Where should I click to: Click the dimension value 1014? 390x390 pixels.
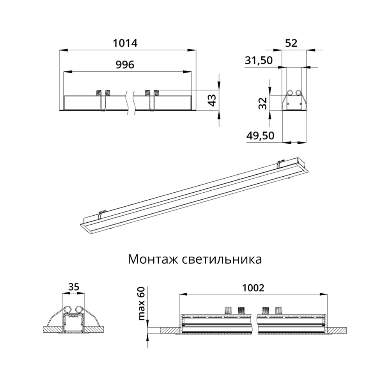pos(125,43)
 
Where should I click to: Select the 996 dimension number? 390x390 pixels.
pos(125,65)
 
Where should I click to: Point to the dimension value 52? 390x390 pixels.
pos(291,43)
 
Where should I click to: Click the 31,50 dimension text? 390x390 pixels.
pos(259,60)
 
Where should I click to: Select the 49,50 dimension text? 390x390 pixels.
pos(260,136)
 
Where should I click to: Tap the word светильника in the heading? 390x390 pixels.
pos(222,259)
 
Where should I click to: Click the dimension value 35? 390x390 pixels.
pos(73,287)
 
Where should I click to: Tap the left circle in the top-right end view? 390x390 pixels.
pos(291,93)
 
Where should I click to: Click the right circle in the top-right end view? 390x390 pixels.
pos(299,93)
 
